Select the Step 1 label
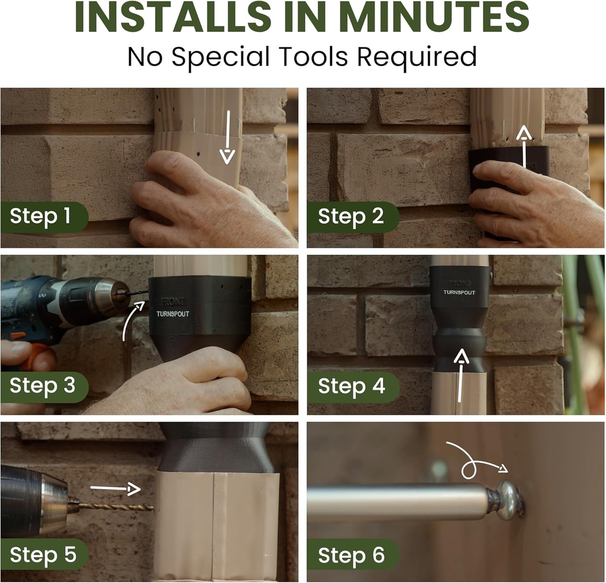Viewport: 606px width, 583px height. [x=40, y=216]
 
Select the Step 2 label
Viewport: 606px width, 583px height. [x=351, y=216]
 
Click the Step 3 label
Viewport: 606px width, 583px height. [x=42, y=386]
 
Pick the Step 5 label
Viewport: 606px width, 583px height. [x=43, y=555]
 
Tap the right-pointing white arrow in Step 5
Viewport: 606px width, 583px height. [x=115, y=488]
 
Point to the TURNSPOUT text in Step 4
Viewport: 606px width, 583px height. [x=460, y=292]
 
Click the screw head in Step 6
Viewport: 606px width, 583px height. [x=508, y=500]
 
